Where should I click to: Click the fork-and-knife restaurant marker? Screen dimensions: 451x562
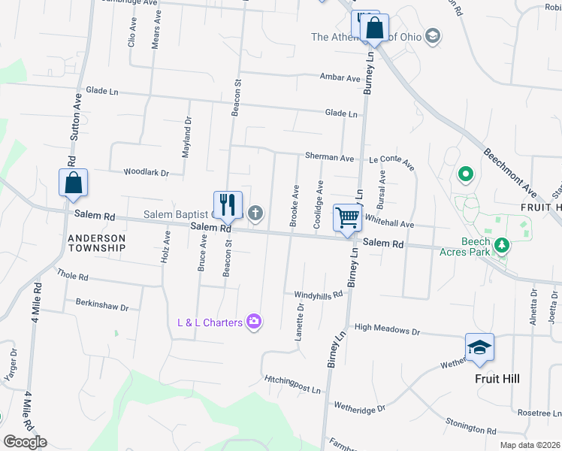pos(228,205)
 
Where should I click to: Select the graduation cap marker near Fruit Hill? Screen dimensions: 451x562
pos(479,348)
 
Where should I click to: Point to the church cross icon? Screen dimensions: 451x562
pos(255,214)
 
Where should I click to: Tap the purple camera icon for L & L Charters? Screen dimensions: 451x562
pos(254,322)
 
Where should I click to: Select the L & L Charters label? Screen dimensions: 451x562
pos(210,322)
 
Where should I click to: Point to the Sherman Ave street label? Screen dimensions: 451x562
pos(329,158)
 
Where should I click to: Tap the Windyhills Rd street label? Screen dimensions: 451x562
pos(318,294)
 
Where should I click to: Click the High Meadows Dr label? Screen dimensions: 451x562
pos(387,329)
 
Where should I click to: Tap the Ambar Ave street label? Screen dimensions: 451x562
pos(340,77)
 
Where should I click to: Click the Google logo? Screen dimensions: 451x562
pos(25,442)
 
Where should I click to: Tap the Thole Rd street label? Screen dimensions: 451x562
pos(72,276)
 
